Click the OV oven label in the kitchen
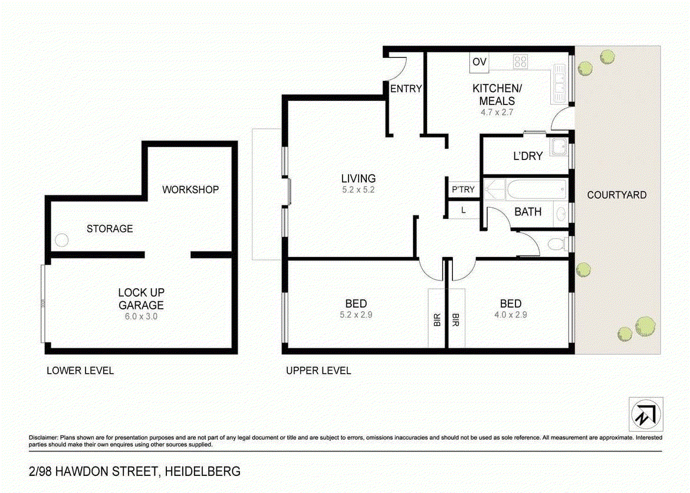pos(479,61)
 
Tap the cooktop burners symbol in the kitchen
pos(520,61)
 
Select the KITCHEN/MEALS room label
pos(497,94)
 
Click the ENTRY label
pos(406,89)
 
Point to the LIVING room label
pos(358,178)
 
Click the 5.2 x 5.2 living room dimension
pos(358,190)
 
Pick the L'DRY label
pos(528,156)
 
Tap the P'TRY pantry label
pos(463,190)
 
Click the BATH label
pos(528,211)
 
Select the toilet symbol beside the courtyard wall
pos(556,243)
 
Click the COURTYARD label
pos(617,195)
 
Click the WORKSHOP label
pos(190,190)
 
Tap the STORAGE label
pos(110,228)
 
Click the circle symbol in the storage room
pos(61,240)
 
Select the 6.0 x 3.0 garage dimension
pos(141,316)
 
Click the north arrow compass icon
pos(646,414)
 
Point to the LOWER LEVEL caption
pos(80,371)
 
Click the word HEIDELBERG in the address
pos(203,471)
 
